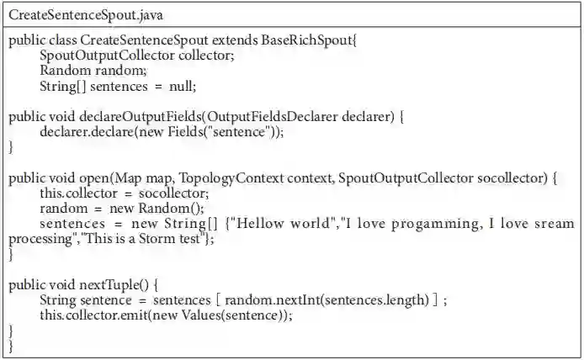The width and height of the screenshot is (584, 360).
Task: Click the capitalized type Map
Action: (x=127, y=177)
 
